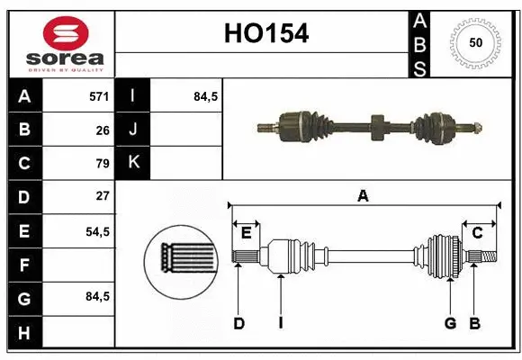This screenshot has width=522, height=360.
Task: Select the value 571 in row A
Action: click(99, 96)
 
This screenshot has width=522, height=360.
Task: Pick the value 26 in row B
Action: click(102, 130)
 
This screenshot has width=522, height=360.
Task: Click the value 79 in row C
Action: click(102, 163)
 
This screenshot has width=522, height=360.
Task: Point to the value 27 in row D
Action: click(102, 195)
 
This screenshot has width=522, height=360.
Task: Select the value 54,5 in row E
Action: click(97, 230)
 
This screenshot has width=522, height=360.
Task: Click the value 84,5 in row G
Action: click(97, 296)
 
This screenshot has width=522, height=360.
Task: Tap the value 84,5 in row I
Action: click(206, 96)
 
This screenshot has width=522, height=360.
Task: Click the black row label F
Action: click(23, 265)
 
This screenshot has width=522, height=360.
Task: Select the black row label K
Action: click(133, 163)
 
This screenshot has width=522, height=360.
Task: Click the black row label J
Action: click(133, 130)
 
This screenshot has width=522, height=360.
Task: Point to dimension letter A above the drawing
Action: click(363, 195)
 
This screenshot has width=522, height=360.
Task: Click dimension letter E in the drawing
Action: click(246, 233)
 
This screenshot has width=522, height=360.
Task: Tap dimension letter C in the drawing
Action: click(478, 233)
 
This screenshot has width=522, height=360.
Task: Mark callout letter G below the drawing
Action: click(450, 322)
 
